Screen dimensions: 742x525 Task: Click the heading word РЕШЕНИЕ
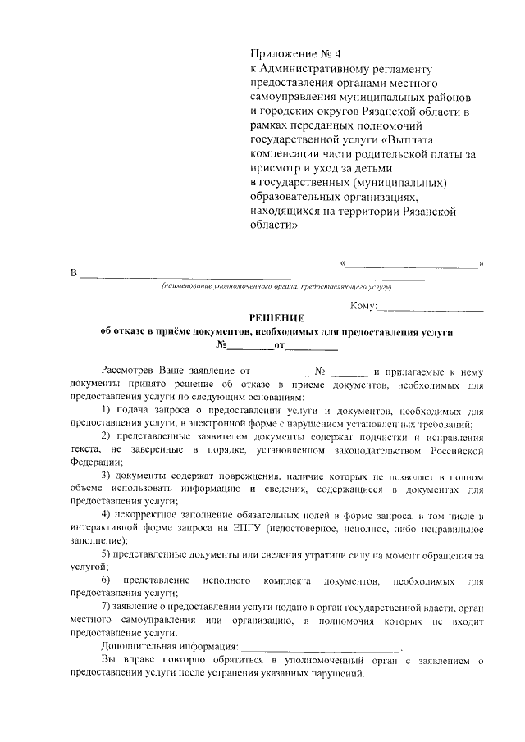[276, 318]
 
